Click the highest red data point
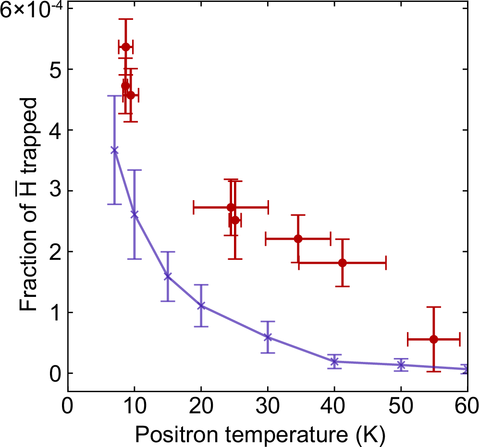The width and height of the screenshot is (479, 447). click(126, 47)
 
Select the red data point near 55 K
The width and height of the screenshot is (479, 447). click(433, 339)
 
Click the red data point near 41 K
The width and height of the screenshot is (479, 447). click(342, 263)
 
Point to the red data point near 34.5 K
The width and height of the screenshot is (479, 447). click(298, 239)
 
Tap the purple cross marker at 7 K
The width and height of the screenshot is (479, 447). click(114, 150)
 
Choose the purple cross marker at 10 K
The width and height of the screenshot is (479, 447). click(135, 215)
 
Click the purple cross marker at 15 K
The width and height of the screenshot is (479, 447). click(168, 277)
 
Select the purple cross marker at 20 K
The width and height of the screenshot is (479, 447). click(201, 306)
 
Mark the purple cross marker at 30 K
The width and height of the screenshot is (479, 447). click(268, 337)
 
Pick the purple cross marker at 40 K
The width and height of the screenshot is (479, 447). click(334, 361)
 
